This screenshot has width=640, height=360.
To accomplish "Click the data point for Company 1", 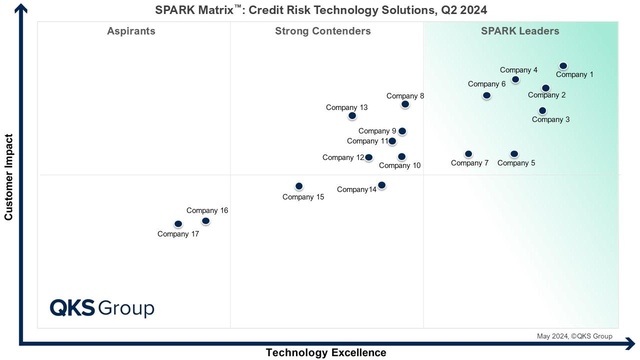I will (x=563, y=66).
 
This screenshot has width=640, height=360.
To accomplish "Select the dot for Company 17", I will (x=178, y=224).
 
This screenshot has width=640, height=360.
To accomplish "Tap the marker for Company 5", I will (x=514, y=154).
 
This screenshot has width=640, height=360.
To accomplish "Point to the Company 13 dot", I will (x=352, y=116).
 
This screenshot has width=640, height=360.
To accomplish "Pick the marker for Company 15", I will (x=299, y=186).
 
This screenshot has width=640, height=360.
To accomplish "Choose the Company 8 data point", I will (x=405, y=104).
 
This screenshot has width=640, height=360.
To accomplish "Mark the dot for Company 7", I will (x=468, y=154).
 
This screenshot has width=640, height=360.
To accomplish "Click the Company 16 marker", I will (x=205, y=221).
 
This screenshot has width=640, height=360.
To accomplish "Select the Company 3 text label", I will (x=550, y=119).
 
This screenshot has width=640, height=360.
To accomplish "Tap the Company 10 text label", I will (x=399, y=165).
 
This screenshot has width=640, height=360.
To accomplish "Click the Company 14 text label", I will (x=356, y=189).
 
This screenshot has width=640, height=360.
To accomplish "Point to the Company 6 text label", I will (x=486, y=84).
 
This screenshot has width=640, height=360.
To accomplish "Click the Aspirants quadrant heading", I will (x=131, y=31).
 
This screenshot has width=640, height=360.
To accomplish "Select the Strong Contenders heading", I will (x=322, y=31).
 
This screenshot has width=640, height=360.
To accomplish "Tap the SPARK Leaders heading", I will (x=520, y=31).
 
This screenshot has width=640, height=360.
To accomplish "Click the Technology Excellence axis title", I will (x=325, y=352).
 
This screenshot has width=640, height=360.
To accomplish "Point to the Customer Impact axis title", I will (x=8, y=177).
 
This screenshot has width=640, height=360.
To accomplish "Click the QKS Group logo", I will (x=102, y=308).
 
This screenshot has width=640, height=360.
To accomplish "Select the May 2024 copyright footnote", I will (x=574, y=336).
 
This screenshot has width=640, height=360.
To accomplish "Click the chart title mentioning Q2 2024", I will (x=321, y=10).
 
